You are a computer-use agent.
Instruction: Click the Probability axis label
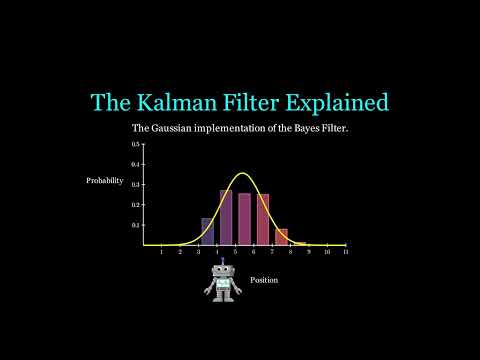(x=105, y=181)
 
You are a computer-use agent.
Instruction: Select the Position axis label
(x=264, y=280)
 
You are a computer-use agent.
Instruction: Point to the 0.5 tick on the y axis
(x=135, y=144)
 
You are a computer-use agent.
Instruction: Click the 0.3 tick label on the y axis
(x=135, y=185)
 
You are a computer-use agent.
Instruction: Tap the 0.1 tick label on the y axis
(x=135, y=225)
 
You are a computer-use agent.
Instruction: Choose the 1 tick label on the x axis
(x=161, y=253)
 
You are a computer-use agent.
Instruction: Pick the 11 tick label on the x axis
(x=345, y=253)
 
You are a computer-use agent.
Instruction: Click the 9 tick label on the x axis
(x=308, y=253)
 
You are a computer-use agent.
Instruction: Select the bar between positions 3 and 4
(x=207, y=232)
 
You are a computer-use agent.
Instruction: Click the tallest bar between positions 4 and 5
(x=226, y=218)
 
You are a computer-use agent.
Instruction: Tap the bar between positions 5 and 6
(x=244, y=220)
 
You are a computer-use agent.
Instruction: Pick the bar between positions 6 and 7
(x=263, y=220)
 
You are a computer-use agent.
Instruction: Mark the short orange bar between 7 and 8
(x=281, y=237)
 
